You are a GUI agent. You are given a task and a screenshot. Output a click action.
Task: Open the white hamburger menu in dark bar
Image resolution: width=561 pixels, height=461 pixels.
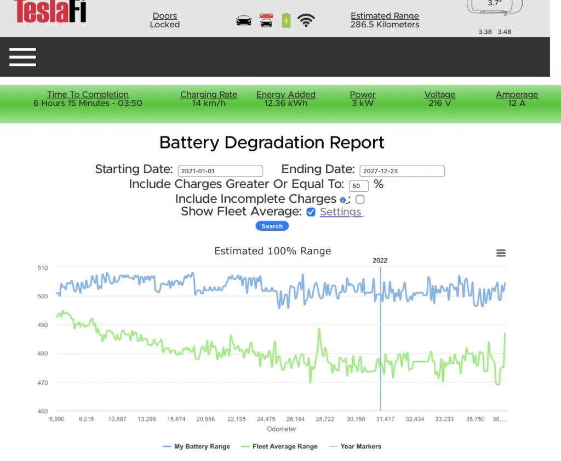[x=22, y=57]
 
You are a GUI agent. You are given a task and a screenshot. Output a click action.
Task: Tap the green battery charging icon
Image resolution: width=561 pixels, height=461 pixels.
[x=286, y=21]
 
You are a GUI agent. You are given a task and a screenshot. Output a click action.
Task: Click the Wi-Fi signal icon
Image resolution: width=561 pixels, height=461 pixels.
[x=306, y=21]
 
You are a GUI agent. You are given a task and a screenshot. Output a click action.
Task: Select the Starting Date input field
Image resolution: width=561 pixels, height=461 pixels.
[x=220, y=171]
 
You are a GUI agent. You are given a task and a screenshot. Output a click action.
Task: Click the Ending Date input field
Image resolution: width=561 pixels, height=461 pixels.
[x=402, y=171]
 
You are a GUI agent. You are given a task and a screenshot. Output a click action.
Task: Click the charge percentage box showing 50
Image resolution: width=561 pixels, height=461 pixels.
[x=358, y=186]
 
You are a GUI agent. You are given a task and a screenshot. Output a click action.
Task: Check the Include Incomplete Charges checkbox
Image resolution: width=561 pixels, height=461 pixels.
[x=360, y=200]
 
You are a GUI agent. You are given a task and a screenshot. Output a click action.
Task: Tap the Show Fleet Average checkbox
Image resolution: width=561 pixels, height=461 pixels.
[x=311, y=212]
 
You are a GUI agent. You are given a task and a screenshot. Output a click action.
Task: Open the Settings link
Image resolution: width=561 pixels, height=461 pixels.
[x=341, y=212]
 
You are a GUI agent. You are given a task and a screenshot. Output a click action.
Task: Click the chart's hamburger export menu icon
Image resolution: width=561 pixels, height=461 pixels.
[x=501, y=253]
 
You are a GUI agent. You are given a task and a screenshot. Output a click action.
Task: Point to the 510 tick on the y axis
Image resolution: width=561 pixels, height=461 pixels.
[x=43, y=268]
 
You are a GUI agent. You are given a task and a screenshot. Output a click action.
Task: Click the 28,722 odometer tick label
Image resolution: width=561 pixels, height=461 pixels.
[x=325, y=419]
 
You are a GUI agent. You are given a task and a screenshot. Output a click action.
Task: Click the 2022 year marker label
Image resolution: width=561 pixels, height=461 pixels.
[x=380, y=260]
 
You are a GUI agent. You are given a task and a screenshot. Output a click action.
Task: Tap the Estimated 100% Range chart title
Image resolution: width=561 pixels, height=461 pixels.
[x=272, y=251]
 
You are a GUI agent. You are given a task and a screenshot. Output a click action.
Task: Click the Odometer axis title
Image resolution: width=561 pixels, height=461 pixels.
[x=282, y=429]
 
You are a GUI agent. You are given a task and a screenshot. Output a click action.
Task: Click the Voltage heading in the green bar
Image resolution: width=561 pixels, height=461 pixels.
[x=439, y=95]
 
